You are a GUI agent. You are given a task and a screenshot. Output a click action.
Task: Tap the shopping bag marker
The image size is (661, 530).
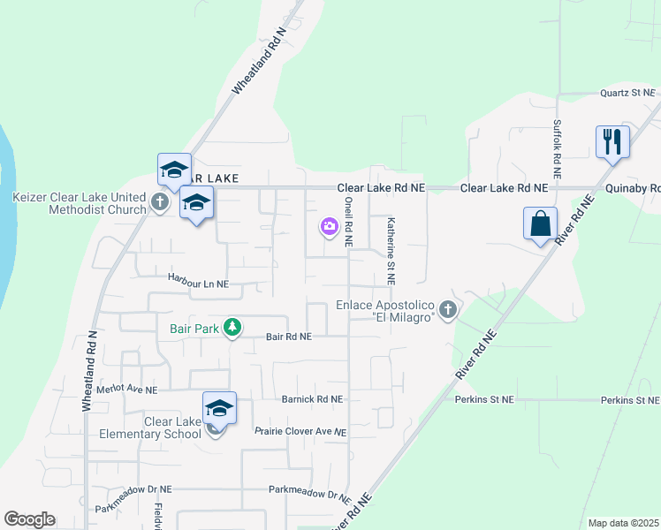pos(540,223)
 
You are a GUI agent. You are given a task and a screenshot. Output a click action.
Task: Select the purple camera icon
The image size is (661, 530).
pos(329,228)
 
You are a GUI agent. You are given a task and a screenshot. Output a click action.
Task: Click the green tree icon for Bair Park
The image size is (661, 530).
pos(232,328)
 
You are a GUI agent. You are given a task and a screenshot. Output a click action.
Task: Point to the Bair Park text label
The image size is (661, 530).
pos(194,329)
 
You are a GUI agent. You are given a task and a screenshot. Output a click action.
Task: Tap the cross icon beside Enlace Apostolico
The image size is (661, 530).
pos(448,309)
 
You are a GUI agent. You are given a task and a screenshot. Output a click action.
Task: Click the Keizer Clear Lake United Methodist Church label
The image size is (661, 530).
pos(79,202)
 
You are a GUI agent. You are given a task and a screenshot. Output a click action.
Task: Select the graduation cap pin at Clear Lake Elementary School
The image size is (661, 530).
pos(219,409)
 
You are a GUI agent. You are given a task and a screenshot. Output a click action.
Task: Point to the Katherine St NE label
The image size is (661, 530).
pos(391,251)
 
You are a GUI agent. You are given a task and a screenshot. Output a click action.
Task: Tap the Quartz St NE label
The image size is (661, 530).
pos(627,92)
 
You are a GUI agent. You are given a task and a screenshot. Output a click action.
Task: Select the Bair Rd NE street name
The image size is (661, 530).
pos(289,337)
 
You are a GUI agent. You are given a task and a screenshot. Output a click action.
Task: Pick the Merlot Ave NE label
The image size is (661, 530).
pos(127,389)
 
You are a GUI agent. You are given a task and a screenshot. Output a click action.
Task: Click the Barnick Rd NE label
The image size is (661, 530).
pos(311,399)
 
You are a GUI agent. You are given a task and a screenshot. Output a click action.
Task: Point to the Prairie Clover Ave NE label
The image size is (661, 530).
pos(300,431)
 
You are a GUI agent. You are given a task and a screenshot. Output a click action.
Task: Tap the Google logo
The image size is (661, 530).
pos(29,519)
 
